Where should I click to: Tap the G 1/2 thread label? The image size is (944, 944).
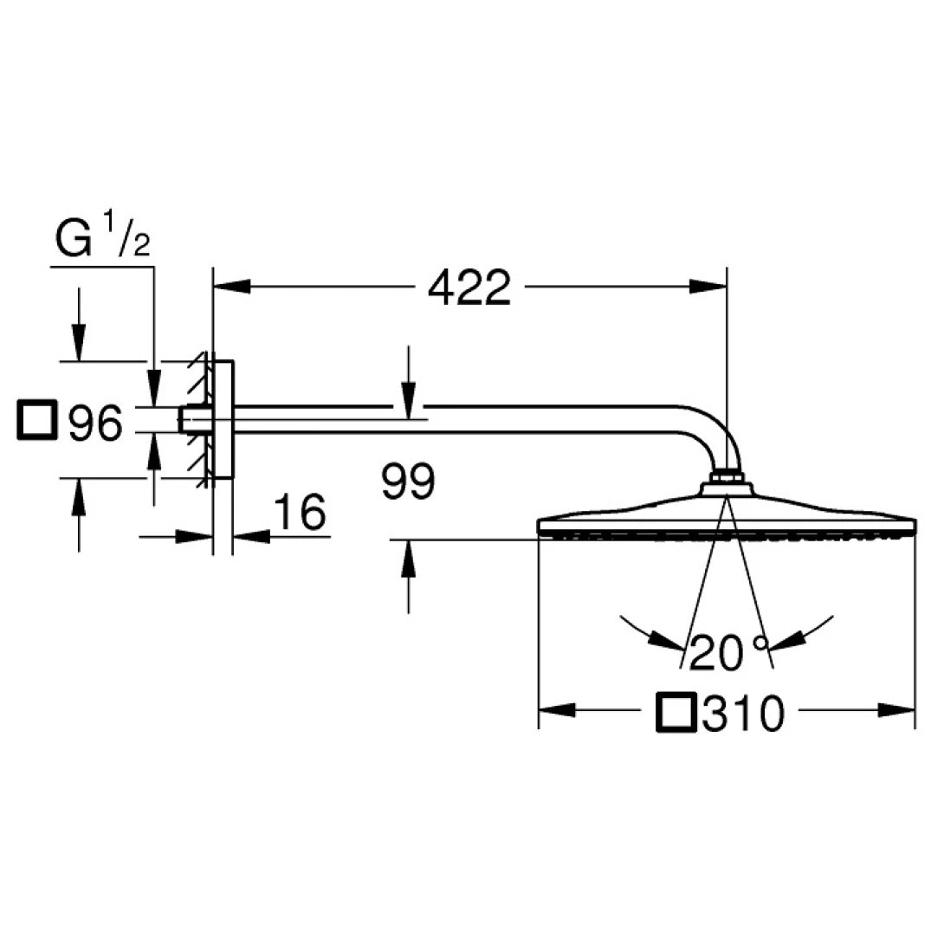102,240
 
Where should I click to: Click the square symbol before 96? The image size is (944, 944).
36,423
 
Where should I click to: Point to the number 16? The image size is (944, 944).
300,514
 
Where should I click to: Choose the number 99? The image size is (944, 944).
408,482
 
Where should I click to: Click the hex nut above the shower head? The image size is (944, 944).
727,478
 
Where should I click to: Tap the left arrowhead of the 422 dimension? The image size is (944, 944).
230,287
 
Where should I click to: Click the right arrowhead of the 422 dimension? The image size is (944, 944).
709,287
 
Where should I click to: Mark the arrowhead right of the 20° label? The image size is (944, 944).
786,641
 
